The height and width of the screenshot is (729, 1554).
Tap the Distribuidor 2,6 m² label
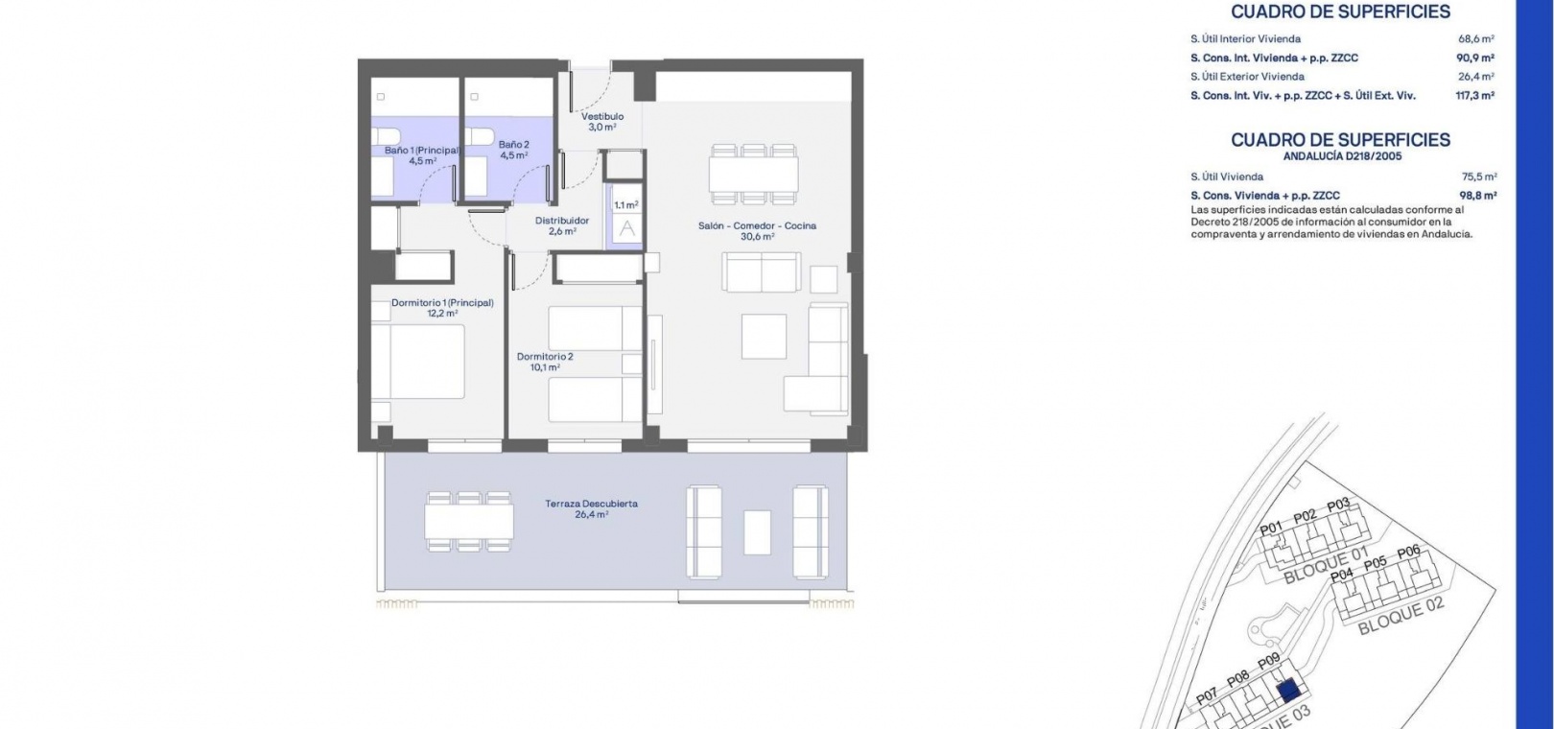point(562,226)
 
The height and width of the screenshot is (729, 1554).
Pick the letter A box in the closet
point(627,229)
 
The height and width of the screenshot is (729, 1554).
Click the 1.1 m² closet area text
point(626,205)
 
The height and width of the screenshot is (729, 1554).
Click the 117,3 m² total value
point(1475,96)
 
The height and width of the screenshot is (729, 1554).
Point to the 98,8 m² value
point(1478,196)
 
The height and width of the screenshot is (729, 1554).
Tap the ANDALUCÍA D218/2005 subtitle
point(1342,156)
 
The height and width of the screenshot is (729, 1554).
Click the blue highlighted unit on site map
point(1288,690)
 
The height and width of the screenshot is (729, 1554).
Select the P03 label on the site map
point(1338,505)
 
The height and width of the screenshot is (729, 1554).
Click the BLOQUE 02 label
point(1401,616)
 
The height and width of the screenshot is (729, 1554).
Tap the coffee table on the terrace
point(757,532)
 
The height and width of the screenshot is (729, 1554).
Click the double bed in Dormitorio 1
point(418,362)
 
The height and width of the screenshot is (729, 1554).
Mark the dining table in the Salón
point(753,175)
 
